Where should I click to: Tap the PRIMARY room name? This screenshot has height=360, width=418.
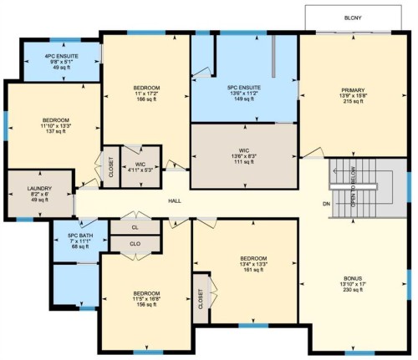point(353,89)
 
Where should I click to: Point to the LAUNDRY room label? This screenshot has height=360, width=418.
point(39,188)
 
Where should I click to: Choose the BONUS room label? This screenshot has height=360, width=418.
point(354,278)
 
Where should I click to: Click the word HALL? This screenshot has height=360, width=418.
point(175,201)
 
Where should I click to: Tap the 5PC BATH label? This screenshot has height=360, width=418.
point(80,235)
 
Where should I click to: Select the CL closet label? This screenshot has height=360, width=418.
point(135,226)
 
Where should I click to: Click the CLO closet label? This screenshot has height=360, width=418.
point(135,244)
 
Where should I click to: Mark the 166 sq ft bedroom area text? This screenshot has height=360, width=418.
point(146,99)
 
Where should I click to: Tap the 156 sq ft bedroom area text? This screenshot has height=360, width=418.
point(146,305)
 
